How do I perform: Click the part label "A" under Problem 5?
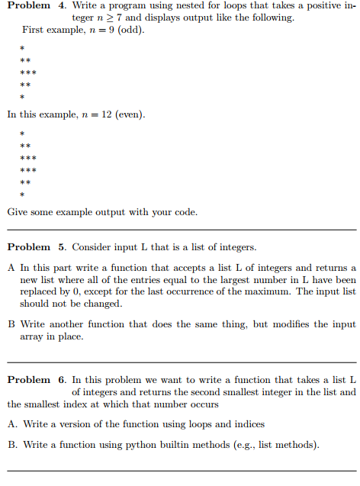(11, 267)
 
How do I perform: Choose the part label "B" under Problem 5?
(11, 324)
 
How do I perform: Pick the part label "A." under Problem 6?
(13, 424)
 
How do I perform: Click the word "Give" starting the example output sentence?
(18, 211)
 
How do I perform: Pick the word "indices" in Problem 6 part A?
(249, 424)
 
